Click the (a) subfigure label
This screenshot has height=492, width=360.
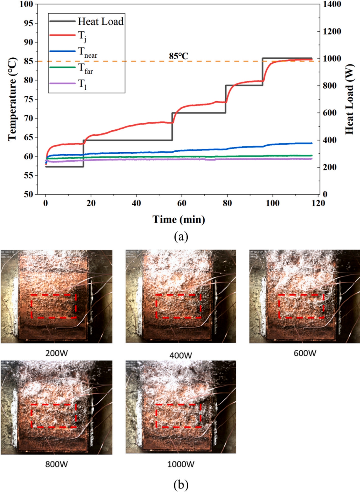[179, 237]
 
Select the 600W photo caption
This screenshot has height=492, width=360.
[305, 353]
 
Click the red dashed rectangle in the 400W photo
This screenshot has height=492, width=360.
[178, 306]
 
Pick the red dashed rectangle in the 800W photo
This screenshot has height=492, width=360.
[54, 416]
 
